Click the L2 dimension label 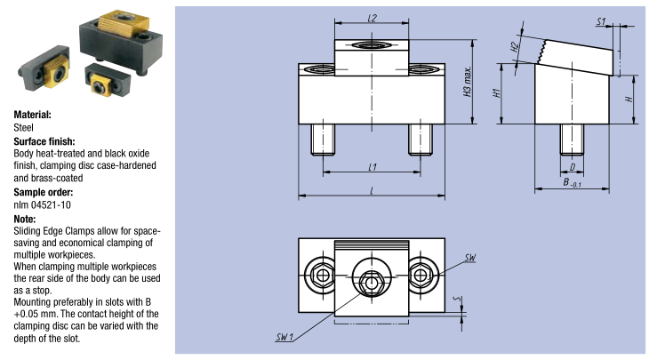[373, 18]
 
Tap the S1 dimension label [601, 20]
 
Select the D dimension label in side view [572, 166]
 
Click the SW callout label [470, 258]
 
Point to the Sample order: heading [44, 192]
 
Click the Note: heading [25, 218]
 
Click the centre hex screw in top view [370, 275]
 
